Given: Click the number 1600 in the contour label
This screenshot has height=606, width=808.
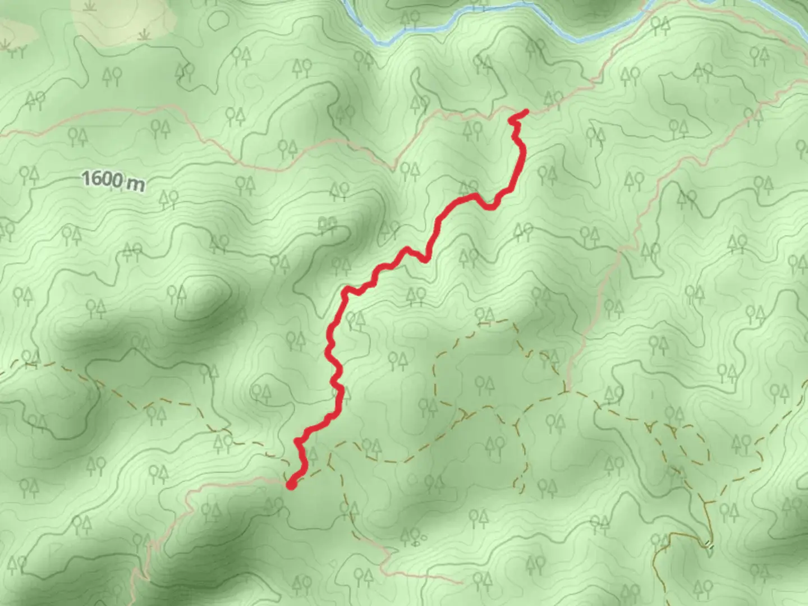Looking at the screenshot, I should (102, 180).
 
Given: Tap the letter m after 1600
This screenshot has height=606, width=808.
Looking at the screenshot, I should (135, 183).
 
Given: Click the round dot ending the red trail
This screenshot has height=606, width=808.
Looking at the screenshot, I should (292, 484).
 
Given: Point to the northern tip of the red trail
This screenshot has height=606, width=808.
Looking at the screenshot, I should (526, 112).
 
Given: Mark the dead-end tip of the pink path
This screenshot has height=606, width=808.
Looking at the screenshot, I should (460, 582).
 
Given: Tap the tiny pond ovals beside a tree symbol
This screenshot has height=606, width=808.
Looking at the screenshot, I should (416, 543).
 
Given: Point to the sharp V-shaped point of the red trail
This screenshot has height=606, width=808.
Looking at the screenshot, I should (426, 260).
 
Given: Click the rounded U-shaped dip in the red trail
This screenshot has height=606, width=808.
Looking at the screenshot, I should (489, 206).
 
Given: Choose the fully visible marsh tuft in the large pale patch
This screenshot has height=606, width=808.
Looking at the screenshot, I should (145, 35).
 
